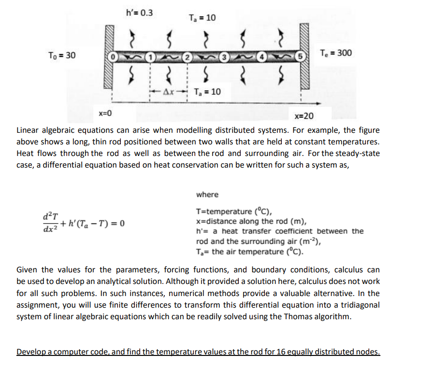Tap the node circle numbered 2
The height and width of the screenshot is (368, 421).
(187, 58)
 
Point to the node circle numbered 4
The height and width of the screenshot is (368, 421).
(262, 58)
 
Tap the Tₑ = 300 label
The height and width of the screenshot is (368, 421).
(336, 53)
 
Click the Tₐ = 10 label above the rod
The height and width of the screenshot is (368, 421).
(203, 18)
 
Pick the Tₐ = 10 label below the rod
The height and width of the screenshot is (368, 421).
(207, 92)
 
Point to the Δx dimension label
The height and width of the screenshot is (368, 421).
(169, 92)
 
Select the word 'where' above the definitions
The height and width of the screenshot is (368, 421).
(207, 195)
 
